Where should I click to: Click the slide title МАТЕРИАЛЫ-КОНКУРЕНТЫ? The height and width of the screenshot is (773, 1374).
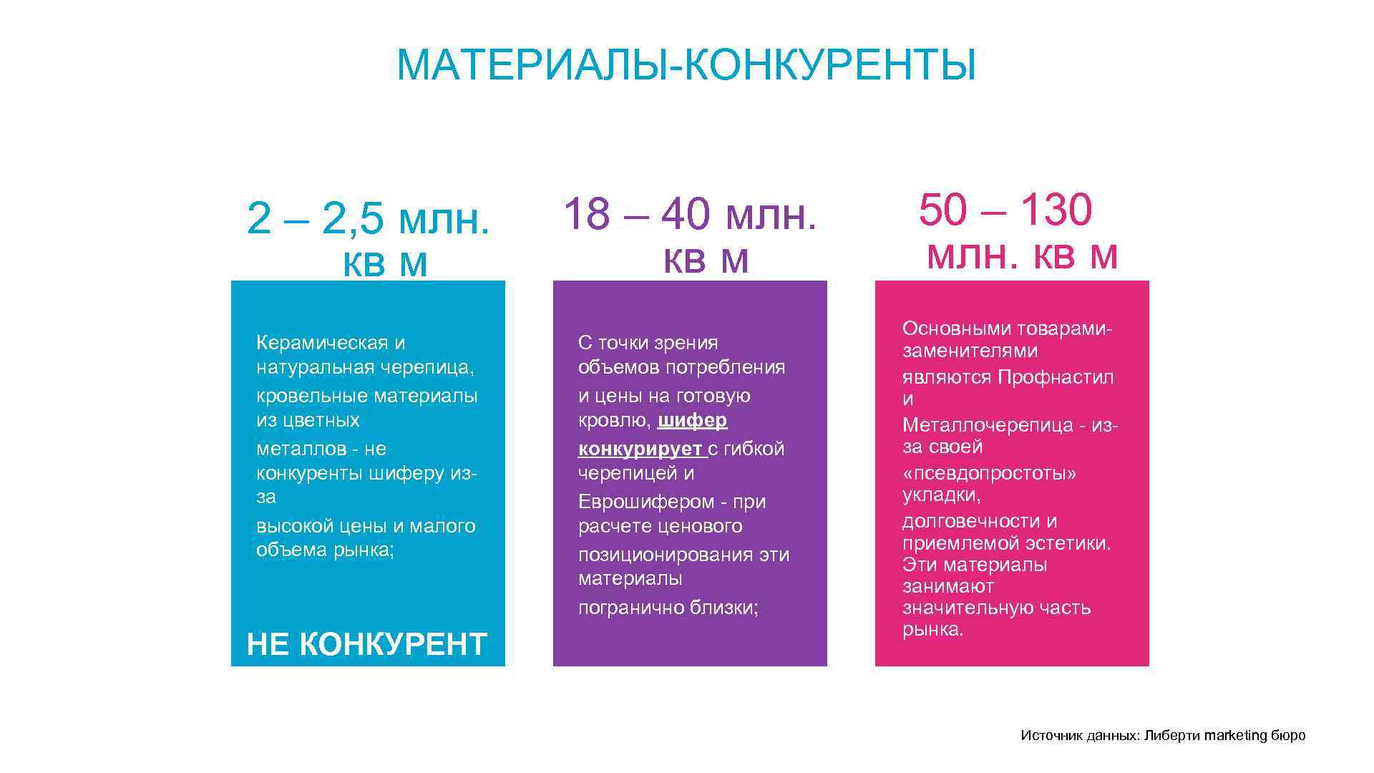[686, 66]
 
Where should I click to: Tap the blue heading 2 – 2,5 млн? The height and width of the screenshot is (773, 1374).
[368, 218]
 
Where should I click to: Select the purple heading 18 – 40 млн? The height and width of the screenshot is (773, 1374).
[690, 214]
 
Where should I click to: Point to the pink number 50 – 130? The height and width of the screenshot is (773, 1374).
[1005, 210]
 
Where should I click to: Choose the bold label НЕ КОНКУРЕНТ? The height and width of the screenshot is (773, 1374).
[366, 644]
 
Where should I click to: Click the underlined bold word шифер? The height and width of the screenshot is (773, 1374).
[692, 420]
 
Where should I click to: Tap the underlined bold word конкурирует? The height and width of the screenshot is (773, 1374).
[640, 449]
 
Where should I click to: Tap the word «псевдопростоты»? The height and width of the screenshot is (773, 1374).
[989, 473]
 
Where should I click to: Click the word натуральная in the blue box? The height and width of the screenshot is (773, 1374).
[312, 368]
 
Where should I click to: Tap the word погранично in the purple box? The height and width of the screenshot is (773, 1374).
[631, 608]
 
